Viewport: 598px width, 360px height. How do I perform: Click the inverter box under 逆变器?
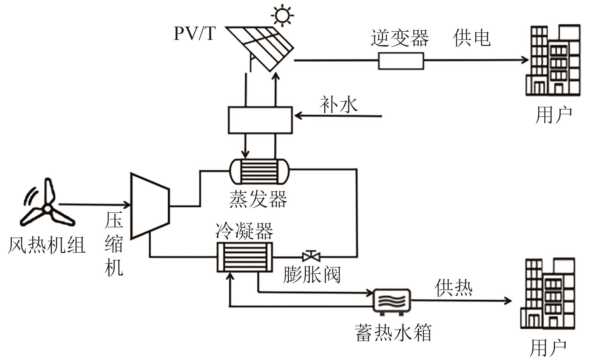[x=401, y=61]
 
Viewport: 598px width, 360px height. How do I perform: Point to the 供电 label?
[x=472, y=38]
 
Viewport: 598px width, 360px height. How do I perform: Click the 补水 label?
[x=339, y=105]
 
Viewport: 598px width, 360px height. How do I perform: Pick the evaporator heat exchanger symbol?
[x=259, y=171]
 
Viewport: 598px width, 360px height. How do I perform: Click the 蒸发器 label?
[x=258, y=199]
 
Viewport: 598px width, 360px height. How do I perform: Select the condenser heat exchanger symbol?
[x=245, y=257]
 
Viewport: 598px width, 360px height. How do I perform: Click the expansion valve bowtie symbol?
[x=311, y=256]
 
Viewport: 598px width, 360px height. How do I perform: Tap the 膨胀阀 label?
[x=312, y=275]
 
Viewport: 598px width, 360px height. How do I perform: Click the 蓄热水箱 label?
[x=394, y=332]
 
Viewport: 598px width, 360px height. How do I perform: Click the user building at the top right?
[x=553, y=60]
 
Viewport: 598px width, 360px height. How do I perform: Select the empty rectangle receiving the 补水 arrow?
[x=260, y=120]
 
